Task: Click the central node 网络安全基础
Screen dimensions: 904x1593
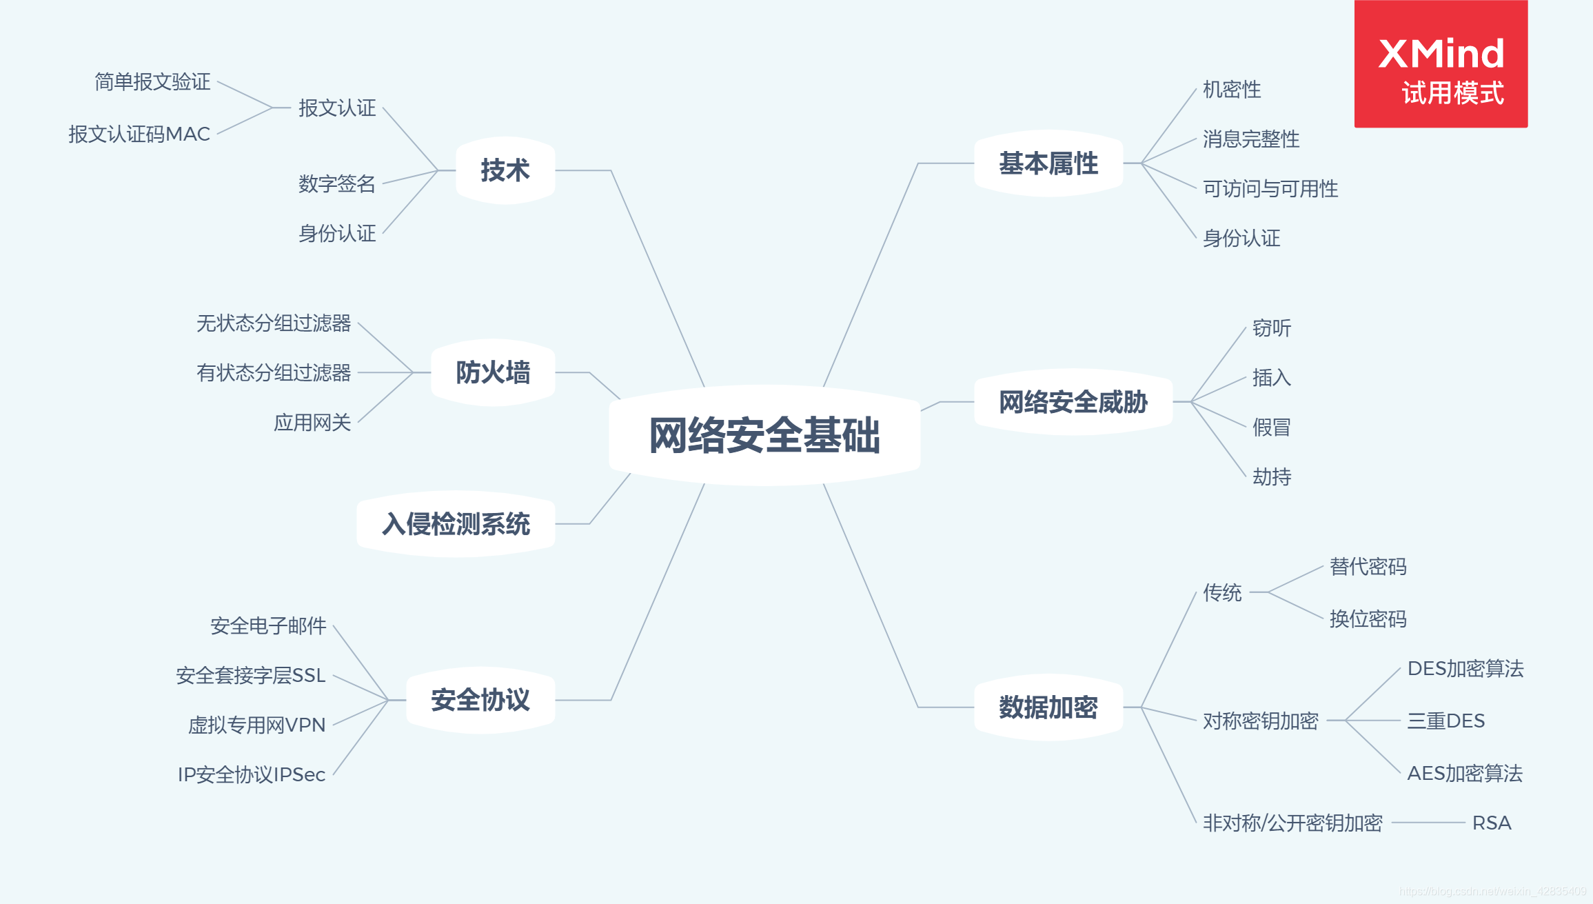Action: click(x=764, y=435)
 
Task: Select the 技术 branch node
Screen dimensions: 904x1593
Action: click(x=505, y=170)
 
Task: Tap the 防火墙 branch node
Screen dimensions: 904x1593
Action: click(x=493, y=372)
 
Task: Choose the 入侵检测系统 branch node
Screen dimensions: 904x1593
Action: click(x=456, y=524)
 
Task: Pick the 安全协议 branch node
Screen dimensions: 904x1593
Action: click(x=480, y=700)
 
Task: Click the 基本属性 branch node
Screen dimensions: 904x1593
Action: click(x=1048, y=163)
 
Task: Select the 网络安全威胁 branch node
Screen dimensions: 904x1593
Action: click(x=1073, y=402)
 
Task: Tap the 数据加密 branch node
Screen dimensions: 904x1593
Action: click(x=1048, y=707)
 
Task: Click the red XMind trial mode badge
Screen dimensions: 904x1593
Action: click(x=1441, y=64)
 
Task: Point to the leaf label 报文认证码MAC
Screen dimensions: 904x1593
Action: click(x=139, y=134)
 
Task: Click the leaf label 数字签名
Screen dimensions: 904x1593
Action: click(x=337, y=183)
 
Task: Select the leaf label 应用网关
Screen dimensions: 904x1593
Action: click(x=312, y=422)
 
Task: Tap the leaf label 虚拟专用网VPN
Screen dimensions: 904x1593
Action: click(x=256, y=725)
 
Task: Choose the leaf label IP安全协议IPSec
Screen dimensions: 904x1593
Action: click(x=252, y=774)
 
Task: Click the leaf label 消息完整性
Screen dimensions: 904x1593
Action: click(x=1251, y=139)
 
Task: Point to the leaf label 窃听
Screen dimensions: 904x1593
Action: click(x=1272, y=328)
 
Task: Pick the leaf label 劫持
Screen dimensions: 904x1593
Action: click(x=1272, y=476)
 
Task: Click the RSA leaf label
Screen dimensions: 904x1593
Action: click(x=1492, y=823)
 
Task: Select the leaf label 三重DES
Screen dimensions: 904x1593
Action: click(x=1446, y=721)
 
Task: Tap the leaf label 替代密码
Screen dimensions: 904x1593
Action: click(x=1368, y=566)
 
